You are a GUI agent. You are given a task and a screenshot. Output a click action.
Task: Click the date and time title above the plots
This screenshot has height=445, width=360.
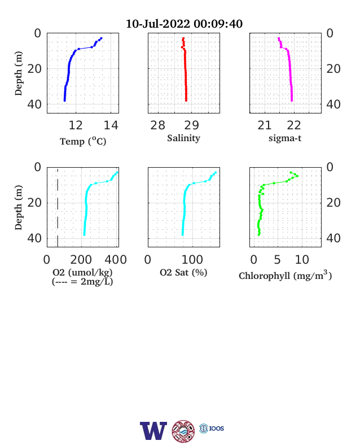coord(184,24)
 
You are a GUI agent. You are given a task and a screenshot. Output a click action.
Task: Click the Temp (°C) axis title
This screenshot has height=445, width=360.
coord(83,141)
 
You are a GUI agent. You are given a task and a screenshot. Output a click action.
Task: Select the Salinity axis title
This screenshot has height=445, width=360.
coord(184,138)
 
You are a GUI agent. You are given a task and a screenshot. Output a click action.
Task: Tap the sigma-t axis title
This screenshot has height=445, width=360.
coord(285,138)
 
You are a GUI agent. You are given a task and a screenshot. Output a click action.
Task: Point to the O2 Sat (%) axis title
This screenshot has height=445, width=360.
coord(183,272)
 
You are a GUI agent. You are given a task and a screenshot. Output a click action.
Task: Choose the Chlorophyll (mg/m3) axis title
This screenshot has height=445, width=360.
coord(285,275)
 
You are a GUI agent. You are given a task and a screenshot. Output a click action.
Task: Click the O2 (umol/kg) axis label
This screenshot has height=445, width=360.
coord(82,272)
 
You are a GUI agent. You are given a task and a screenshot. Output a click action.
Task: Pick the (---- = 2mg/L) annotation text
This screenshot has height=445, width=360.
coord(82,282)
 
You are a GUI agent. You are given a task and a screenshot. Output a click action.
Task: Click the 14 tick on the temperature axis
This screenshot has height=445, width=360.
coord(111,125)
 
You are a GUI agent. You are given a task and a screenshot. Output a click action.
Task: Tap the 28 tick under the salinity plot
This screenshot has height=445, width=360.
coord(157,125)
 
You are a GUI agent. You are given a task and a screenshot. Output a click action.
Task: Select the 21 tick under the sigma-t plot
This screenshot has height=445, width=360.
coord(265,125)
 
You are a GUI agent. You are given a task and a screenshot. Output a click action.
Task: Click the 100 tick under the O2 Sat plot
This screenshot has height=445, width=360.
coord(192,260)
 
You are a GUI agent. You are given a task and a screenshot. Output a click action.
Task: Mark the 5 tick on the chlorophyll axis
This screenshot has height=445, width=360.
coord(277,260)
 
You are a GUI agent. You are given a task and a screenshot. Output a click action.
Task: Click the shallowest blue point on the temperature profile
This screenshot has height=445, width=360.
coord(101,38)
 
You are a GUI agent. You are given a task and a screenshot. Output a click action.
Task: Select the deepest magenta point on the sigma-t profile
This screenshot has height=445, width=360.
coord(292,101)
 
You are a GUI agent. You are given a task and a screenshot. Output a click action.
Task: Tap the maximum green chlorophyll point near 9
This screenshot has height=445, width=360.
coord(297,176)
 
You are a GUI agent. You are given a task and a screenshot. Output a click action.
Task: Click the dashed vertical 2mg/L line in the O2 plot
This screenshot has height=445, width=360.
coord(58,207)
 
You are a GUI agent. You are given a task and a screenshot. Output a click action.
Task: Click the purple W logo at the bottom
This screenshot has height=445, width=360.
coord(153,430)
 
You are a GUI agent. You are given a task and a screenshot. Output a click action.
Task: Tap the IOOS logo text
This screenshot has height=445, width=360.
coord(217,428)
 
